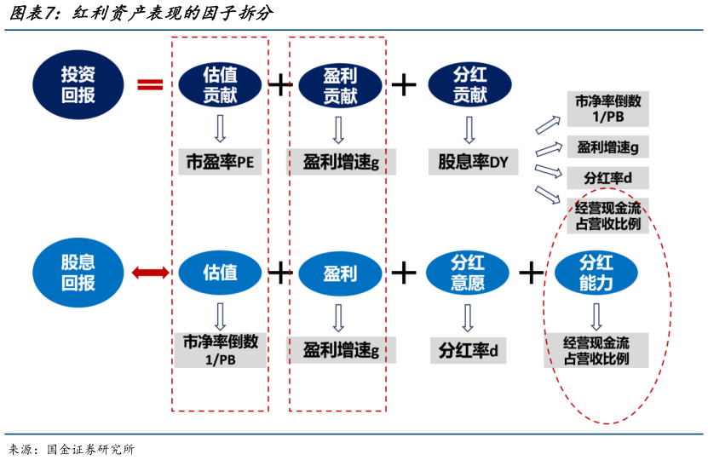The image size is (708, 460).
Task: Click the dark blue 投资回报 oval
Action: click(78, 83)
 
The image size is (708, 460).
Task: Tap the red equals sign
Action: click(150, 83)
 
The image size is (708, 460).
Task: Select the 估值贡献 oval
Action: click(219, 84)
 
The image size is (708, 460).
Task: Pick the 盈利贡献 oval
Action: click(339, 84)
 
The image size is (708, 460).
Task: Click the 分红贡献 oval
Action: click(469, 84)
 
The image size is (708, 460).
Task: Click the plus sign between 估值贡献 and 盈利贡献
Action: click(280, 84)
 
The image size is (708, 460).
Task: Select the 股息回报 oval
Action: click(78, 272)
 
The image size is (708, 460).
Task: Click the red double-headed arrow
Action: click(150, 273)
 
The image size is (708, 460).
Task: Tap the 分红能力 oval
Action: click(596, 273)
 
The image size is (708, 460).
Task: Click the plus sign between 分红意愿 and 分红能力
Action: click(531, 273)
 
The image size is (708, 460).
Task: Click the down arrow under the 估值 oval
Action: click(220, 315)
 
